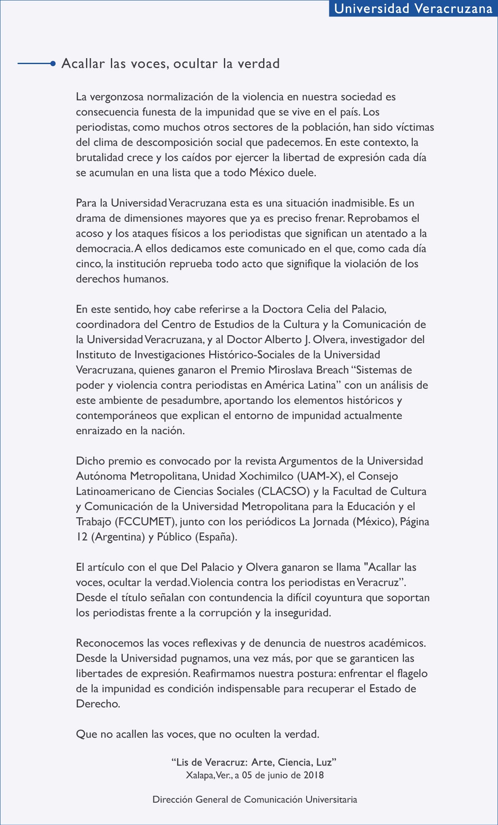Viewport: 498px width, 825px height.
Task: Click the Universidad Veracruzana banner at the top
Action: (x=413, y=8)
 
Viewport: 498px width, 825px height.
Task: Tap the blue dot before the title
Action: (x=53, y=64)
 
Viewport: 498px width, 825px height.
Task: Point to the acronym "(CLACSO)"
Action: (x=283, y=492)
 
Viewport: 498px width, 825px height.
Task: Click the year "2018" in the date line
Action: (x=313, y=775)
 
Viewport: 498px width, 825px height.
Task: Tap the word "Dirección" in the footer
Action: (x=172, y=799)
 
